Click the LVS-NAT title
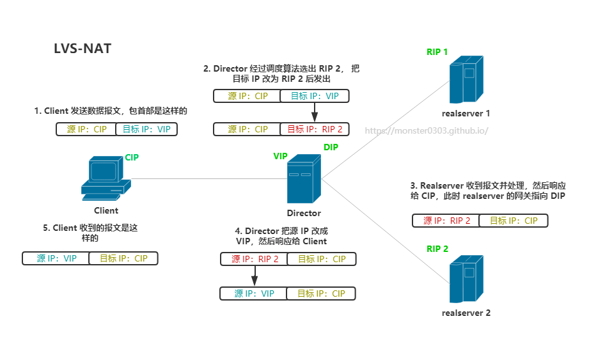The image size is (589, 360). [82, 49]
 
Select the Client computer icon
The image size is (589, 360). [106, 178]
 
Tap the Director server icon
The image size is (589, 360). [304, 178]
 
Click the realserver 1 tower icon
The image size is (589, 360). [466, 79]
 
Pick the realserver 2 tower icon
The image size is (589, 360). [466, 279]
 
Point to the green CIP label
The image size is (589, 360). [132, 157]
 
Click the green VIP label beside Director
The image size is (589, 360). [280, 156]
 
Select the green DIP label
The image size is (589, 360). [331, 147]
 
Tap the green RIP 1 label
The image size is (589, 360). [437, 52]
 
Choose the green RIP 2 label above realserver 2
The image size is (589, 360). [437, 249]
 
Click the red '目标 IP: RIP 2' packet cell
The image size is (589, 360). [315, 129]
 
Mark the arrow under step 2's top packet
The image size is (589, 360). [315, 113]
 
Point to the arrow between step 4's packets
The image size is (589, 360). [255, 276]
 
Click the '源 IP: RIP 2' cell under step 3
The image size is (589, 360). [446, 221]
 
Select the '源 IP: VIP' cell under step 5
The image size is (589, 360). [56, 258]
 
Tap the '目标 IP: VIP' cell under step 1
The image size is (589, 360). [146, 129]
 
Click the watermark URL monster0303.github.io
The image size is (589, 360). [427, 130]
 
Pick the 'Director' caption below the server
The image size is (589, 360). [304, 213]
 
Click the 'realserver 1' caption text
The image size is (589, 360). [466, 113]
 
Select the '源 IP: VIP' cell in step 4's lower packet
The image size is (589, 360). [253, 293]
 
